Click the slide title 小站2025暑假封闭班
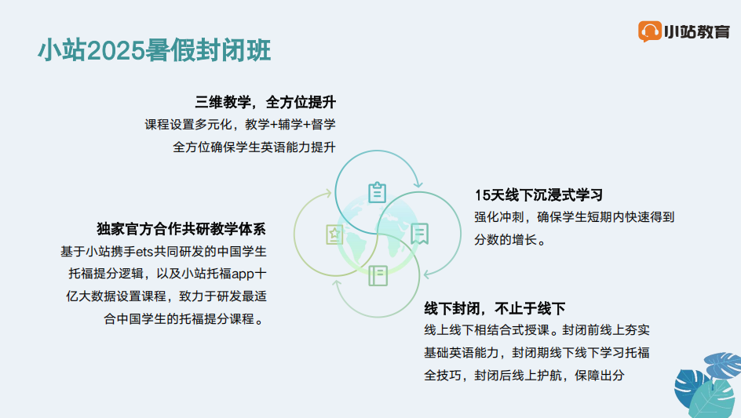(154, 50)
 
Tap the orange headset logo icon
(649, 31)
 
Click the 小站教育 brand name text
(697, 31)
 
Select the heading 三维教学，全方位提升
(265, 102)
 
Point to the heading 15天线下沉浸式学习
(538, 195)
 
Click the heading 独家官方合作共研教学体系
(181, 229)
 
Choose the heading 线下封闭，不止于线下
(495, 309)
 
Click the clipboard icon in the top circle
(377, 192)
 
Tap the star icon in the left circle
(334, 234)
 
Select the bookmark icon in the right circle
(419, 234)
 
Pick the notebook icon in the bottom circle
(378, 276)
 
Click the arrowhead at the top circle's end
(418, 184)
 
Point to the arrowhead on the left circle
(327, 193)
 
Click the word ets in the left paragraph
(144, 252)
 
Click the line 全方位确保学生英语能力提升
(254, 147)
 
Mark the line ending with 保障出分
(524, 376)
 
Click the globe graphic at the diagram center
(378, 234)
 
